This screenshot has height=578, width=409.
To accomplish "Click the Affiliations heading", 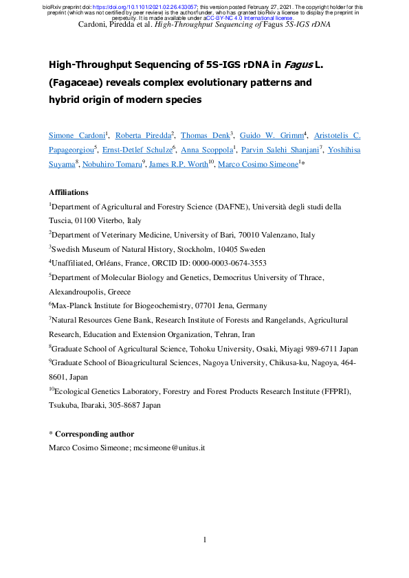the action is coord(69,192).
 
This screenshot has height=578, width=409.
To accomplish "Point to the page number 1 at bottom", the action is coord(205,540).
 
